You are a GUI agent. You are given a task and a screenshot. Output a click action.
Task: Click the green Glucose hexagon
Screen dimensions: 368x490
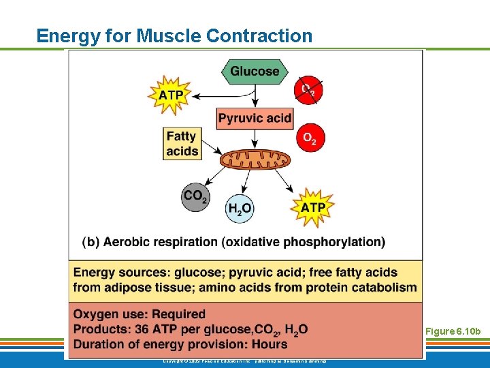(255, 71)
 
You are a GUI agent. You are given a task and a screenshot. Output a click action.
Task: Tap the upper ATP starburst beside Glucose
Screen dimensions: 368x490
(170, 95)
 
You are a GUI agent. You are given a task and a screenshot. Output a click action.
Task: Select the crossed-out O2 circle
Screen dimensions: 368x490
(308, 90)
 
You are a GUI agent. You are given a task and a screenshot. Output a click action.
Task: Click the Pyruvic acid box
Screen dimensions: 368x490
(255, 118)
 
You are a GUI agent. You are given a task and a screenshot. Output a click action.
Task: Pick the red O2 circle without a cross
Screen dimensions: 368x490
(310, 138)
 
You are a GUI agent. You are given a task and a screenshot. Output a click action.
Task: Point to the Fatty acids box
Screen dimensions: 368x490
(182, 143)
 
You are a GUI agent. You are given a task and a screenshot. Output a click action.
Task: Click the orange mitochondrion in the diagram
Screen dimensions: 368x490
(255, 160)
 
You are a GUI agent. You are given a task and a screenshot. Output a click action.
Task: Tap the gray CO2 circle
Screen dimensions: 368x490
(195, 196)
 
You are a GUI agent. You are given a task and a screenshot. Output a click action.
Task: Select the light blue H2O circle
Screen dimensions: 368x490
(239, 208)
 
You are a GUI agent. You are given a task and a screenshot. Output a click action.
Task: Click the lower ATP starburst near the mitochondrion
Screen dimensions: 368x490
(312, 206)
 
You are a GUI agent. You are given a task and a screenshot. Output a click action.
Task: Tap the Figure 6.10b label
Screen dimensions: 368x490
(453, 332)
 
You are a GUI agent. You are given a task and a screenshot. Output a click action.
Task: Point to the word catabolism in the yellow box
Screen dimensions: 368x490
(385, 287)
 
